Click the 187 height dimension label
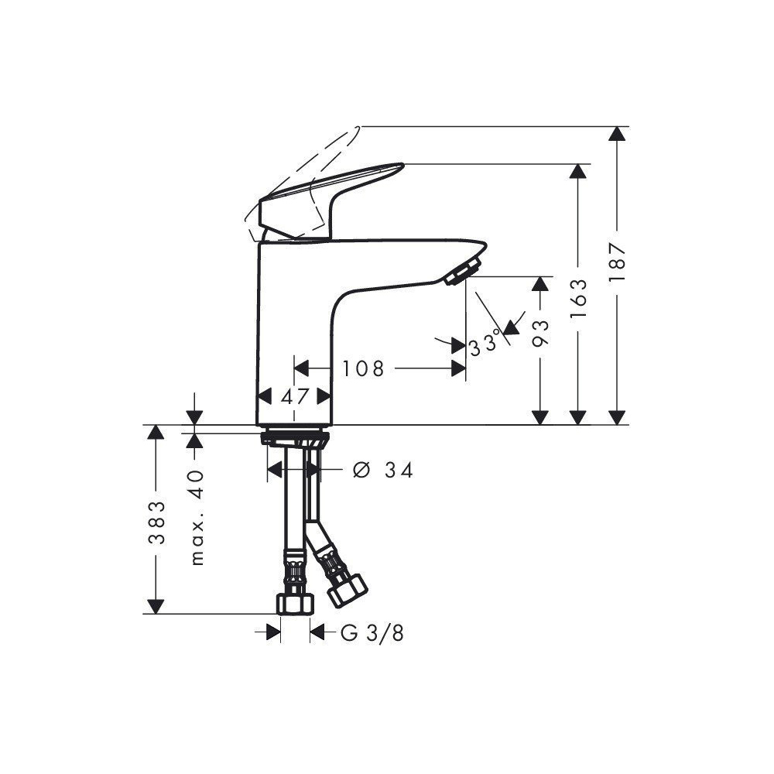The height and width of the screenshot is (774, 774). [617, 262]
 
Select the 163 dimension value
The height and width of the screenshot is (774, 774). [578, 299]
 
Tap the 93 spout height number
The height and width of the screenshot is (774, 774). [541, 333]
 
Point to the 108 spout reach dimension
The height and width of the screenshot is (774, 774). [363, 368]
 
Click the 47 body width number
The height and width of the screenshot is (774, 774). [295, 396]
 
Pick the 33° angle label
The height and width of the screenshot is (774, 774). [485, 344]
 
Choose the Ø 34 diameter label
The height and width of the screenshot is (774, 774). [383, 471]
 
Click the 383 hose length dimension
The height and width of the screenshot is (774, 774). [156, 522]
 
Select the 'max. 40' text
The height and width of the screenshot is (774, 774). [197, 519]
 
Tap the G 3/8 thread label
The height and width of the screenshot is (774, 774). [372, 633]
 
